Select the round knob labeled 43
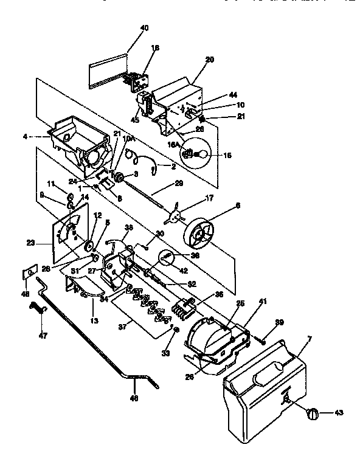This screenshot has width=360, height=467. (x=313, y=413)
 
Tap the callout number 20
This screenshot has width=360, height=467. (x=210, y=60)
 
